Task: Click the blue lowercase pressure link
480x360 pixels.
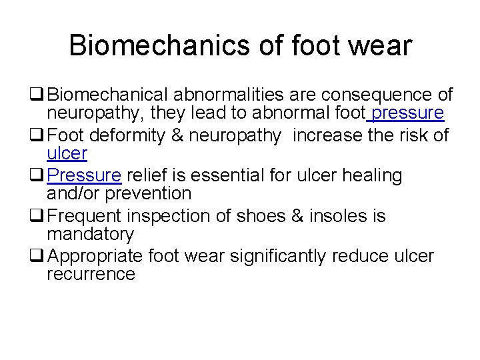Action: pos(408,114)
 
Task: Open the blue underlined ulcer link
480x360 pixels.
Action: pos(67,154)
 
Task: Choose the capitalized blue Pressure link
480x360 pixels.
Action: pos(84,176)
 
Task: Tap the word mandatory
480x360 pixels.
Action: pos(90,234)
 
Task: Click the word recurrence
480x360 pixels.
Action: pos(91,274)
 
